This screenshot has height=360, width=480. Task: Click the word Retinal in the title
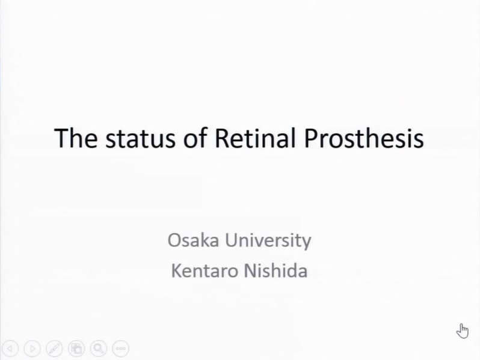tap(255, 138)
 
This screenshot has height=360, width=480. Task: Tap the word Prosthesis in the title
tap(364, 138)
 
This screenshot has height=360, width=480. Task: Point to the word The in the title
tap(76, 138)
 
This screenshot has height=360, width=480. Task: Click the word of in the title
tap(195, 138)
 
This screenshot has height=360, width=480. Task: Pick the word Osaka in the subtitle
tap(194, 240)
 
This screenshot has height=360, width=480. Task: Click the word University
tap(268, 241)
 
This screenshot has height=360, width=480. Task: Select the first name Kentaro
tap(205, 270)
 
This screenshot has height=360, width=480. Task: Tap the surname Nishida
tap(275, 270)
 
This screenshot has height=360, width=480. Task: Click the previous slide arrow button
tap(10, 349)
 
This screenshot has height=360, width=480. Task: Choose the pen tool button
tap(54, 349)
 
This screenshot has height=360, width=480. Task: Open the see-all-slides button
tap(76, 349)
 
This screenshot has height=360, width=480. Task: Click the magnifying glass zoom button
tap(98, 349)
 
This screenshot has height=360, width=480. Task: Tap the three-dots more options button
tap(121, 349)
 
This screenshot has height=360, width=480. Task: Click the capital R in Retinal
tap(222, 138)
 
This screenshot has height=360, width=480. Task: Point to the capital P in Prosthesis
tap(311, 138)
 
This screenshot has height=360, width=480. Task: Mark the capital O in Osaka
tap(174, 240)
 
